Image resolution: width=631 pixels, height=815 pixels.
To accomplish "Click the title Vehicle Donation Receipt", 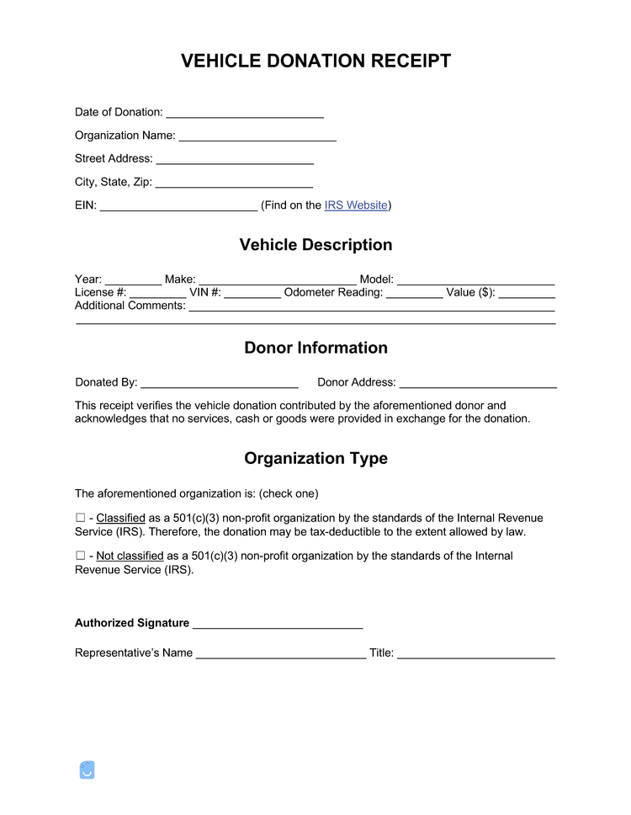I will [315, 61].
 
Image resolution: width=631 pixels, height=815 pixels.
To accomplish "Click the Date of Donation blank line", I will [245, 113].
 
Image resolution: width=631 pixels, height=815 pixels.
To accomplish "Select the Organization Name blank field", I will [257, 136].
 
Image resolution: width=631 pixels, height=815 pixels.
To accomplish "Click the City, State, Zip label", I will [113, 182].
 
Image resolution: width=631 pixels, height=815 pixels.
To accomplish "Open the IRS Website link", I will [356, 205].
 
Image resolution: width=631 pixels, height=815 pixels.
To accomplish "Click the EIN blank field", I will [178, 205].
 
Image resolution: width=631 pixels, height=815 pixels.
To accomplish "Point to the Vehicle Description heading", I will [315, 245].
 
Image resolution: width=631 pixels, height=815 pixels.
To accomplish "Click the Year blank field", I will [133, 280].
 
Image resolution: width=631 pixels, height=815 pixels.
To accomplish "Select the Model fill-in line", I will [475, 280].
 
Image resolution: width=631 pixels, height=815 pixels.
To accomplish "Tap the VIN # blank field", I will [252, 294].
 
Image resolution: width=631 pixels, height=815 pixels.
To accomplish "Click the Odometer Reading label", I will [333, 293].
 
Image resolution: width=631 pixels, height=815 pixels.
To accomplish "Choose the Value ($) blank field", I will [527, 294].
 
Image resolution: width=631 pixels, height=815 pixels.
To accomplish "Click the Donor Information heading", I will [315, 348].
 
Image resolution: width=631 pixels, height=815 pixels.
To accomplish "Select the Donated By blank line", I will [220, 383].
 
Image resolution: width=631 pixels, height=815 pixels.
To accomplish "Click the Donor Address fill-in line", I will [478, 383].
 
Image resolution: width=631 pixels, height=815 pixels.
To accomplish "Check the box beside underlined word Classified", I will [80, 518].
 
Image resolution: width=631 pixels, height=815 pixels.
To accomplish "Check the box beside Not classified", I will [80, 556].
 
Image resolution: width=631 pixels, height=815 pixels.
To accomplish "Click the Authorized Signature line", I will [278, 624].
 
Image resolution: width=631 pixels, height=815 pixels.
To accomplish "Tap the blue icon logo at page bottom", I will [87, 770].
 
